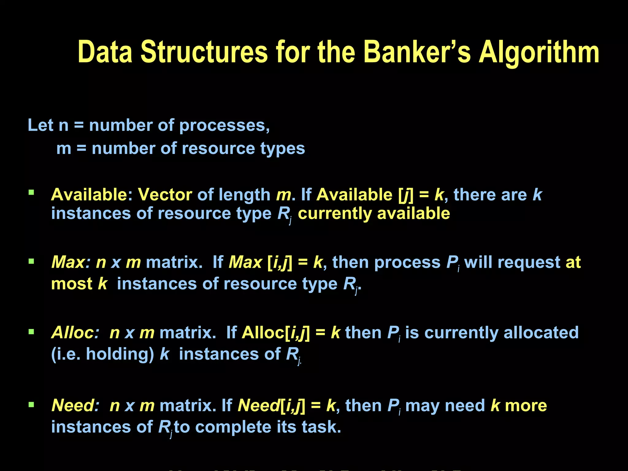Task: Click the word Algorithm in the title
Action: click(539, 53)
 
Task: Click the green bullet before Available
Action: click(31, 193)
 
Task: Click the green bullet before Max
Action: click(31, 261)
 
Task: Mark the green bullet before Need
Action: click(31, 405)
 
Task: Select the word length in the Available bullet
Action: click(244, 195)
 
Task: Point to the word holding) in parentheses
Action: click(120, 354)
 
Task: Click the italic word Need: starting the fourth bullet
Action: click(75, 406)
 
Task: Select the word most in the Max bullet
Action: click(72, 284)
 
